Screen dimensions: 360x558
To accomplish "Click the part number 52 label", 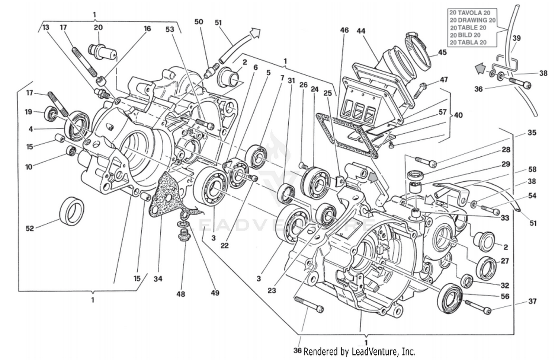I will pyautogui.click(x=30, y=228).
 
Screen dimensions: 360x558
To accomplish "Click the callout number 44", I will pyautogui.click(x=361, y=31).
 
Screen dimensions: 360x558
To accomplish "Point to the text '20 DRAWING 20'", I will pyautogui.click(x=472, y=20).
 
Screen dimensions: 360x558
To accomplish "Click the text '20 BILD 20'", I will pyautogui.click(x=465, y=35).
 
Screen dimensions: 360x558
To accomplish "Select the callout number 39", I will pyautogui.click(x=516, y=38).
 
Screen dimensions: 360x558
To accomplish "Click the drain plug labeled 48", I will pyautogui.click(x=183, y=235).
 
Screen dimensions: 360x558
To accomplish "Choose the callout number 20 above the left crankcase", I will pyautogui.click(x=98, y=27).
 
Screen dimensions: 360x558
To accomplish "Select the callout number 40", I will pyautogui.click(x=458, y=115).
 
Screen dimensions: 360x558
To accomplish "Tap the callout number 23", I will pyautogui.click(x=272, y=290).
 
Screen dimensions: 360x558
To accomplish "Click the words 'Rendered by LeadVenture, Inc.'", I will pyautogui.click(x=359, y=351).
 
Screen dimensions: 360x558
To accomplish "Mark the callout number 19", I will pyautogui.click(x=28, y=112).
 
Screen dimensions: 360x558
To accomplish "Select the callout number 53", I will pyautogui.click(x=170, y=29).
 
